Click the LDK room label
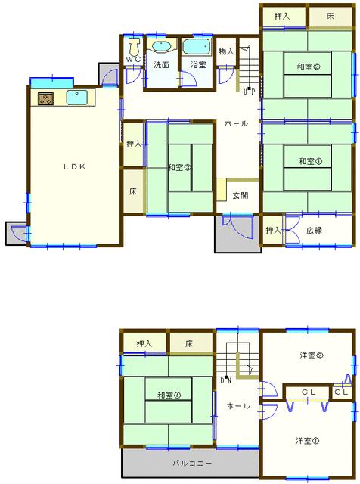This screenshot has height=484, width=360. click(x=75, y=166)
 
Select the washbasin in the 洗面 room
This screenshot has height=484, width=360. click(x=162, y=47)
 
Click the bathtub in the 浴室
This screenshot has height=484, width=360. click(x=197, y=47)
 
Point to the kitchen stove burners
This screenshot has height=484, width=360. click(x=45, y=98)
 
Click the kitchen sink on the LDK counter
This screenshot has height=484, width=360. click(x=76, y=98)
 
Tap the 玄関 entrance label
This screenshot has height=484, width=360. click(x=241, y=195)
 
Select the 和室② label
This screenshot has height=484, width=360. click(x=308, y=67)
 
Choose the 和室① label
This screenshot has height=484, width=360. click(x=310, y=161)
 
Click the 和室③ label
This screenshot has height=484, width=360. click(x=180, y=167)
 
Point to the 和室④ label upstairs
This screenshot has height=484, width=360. click(x=169, y=395)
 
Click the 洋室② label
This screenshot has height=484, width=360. click(x=312, y=355)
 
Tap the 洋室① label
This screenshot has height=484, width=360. click(x=308, y=441)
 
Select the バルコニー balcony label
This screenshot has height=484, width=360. click(x=192, y=463)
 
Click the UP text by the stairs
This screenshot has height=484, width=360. click(x=249, y=92)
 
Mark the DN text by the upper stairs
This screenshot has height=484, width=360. click(x=226, y=381)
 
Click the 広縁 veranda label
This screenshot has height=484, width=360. click(x=315, y=230)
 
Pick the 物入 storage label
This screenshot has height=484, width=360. click(x=226, y=51)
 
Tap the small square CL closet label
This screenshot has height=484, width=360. click(x=342, y=392)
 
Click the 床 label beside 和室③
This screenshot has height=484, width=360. click(x=133, y=191)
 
